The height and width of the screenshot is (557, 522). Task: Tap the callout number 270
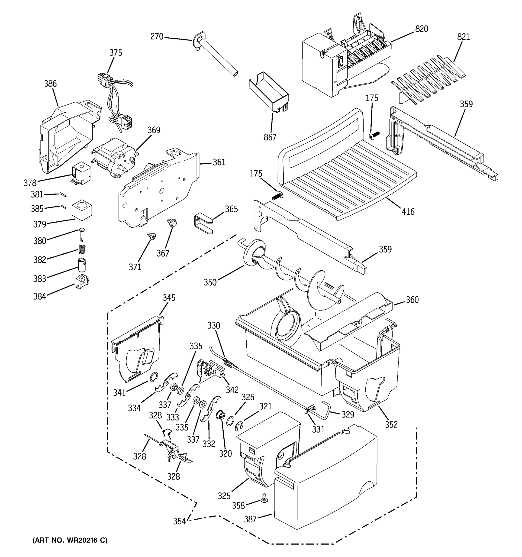157,37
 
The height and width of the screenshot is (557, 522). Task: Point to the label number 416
408,211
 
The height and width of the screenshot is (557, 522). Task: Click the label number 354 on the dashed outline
180,521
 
